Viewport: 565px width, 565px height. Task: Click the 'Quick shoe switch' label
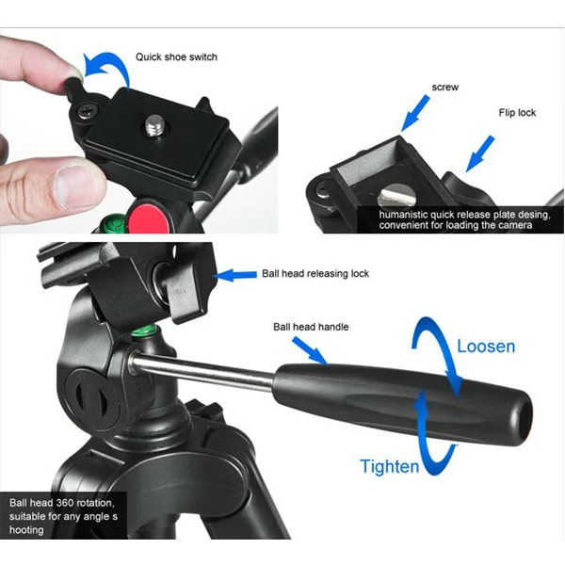coord(176,56)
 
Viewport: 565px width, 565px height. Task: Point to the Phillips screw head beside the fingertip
coord(88,110)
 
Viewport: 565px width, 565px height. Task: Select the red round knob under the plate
coord(149,217)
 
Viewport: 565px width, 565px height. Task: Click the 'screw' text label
coord(445,88)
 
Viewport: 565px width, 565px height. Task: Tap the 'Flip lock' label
coord(517,113)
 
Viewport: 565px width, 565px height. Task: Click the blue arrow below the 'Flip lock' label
coord(480,153)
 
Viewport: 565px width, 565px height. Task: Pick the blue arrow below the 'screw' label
coord(414,113)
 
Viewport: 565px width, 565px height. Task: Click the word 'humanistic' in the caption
coord(403,215)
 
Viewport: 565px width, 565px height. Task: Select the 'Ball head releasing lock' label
coord(315,273)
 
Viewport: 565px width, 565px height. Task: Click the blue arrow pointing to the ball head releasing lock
coord(234,275)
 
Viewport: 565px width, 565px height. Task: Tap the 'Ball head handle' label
coord(311,327)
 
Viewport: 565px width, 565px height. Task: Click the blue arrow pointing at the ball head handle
coord(310,351)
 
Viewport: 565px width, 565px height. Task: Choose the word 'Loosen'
coord(486,347)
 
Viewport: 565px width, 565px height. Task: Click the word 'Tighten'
coord(390,466)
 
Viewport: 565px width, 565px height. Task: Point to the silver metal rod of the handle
coord(202,372)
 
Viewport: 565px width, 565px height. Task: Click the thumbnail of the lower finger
coord(73,186)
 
